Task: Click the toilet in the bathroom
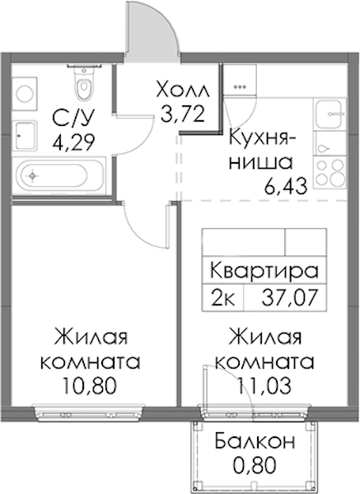pos(84,81)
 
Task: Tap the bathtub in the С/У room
pos(58,176)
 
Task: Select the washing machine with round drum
pos(25,90)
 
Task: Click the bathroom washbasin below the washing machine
pos(25,136)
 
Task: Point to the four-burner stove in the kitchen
pos(330,172)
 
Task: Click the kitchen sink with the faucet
pos(330,114)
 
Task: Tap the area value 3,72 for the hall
pos(184,114)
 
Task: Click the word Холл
pos(183,90)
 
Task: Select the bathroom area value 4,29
pos(74,142)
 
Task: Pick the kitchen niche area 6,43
pos(286,187)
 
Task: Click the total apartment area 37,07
pos(288,298)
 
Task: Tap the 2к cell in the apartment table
pos(223,298)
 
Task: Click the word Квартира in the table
pos(264,270)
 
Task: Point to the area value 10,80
pos(90,386)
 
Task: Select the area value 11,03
pos(264,386)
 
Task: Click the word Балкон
pos(255,441)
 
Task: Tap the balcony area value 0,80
pos(255,465)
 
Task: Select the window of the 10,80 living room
pos(88,412)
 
